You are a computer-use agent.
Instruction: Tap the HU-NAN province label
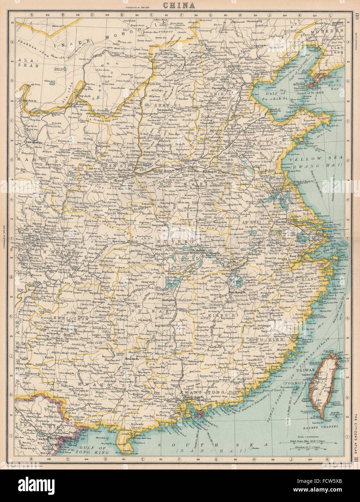[x=156, y=311]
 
